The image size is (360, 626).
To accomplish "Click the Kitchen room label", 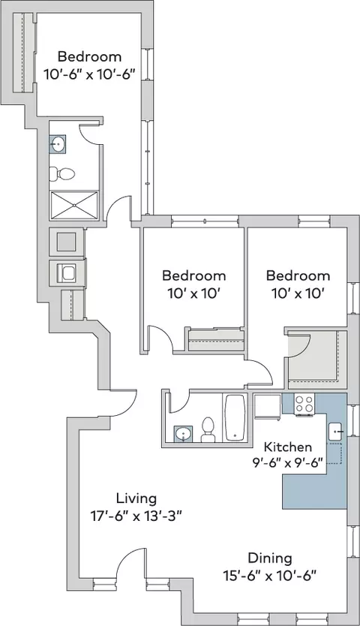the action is tap(288, 447).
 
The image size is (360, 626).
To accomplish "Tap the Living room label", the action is tap(136, 498).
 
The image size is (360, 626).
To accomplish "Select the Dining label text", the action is tap(270, 558).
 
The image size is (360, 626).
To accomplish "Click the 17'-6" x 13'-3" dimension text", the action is tap(136, 516).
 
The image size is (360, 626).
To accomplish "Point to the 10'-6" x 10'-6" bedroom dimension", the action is tap(89, 74).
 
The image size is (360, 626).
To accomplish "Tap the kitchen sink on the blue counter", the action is tap(335, 431).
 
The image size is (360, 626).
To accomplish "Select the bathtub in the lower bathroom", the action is tap(234, 417).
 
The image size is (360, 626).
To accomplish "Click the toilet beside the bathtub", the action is tap(208, 429).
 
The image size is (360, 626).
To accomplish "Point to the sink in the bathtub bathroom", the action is tap(183, 434).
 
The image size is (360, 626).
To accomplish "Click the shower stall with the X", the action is tap(73, 205).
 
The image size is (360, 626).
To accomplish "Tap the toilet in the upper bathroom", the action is tap(61, 173).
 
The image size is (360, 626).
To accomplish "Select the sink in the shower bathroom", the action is tap(58, 143).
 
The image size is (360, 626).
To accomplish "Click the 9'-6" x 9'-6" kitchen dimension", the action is tap(287, 464).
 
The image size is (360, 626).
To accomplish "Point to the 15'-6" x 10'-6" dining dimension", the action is tap(270, 576).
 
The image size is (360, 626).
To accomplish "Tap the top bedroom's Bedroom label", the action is tap(89, 56).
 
